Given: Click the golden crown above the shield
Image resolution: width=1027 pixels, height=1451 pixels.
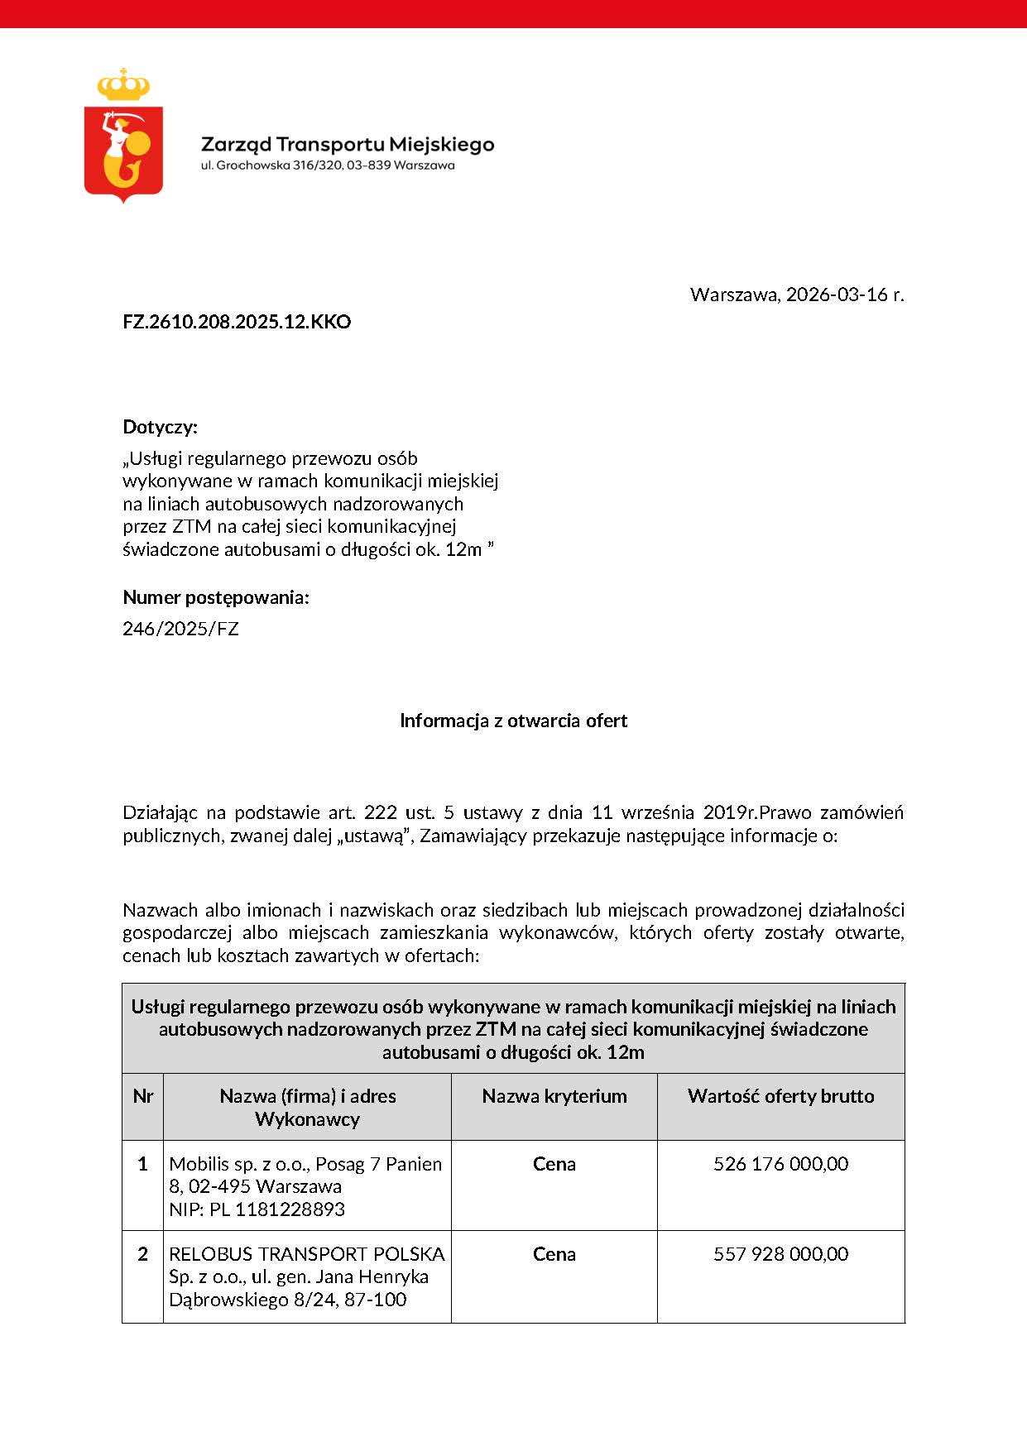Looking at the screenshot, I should [123, 84].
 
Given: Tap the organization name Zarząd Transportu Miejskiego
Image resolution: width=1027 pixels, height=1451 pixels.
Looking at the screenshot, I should [348, 145].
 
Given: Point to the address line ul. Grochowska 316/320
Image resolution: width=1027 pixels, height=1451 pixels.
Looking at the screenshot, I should [328, 165].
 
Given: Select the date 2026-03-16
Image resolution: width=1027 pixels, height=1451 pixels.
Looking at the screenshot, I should [837, 295].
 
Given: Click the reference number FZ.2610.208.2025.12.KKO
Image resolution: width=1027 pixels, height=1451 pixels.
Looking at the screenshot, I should [237, 322].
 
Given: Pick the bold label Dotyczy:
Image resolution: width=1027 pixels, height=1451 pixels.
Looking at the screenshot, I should [161, 427].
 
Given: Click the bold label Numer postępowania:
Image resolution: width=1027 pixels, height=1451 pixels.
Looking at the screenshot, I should [216, 597].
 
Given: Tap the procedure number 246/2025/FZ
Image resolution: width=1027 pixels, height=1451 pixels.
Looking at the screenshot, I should [180, 629].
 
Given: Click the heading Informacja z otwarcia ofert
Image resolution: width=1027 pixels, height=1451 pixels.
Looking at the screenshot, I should [513, 721].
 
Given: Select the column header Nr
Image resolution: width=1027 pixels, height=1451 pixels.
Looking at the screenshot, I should [142, 1096].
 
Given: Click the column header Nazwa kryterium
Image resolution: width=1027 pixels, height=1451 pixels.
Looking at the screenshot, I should [554, 1096].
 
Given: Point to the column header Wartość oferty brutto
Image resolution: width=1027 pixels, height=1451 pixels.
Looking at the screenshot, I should [780, 1096].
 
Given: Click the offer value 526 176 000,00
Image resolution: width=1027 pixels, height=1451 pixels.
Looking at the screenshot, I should [780, 1164].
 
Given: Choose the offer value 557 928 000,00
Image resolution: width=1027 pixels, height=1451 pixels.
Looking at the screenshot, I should [780, 1254].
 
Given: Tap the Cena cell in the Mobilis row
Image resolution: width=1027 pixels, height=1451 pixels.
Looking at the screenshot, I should [554, 1164].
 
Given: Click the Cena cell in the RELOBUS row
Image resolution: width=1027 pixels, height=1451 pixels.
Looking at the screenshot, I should [554, 1254].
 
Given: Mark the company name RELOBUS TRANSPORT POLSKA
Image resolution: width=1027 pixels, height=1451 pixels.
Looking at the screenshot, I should [306, 1254].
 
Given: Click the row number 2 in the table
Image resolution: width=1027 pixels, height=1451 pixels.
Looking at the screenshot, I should [142, 1254].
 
